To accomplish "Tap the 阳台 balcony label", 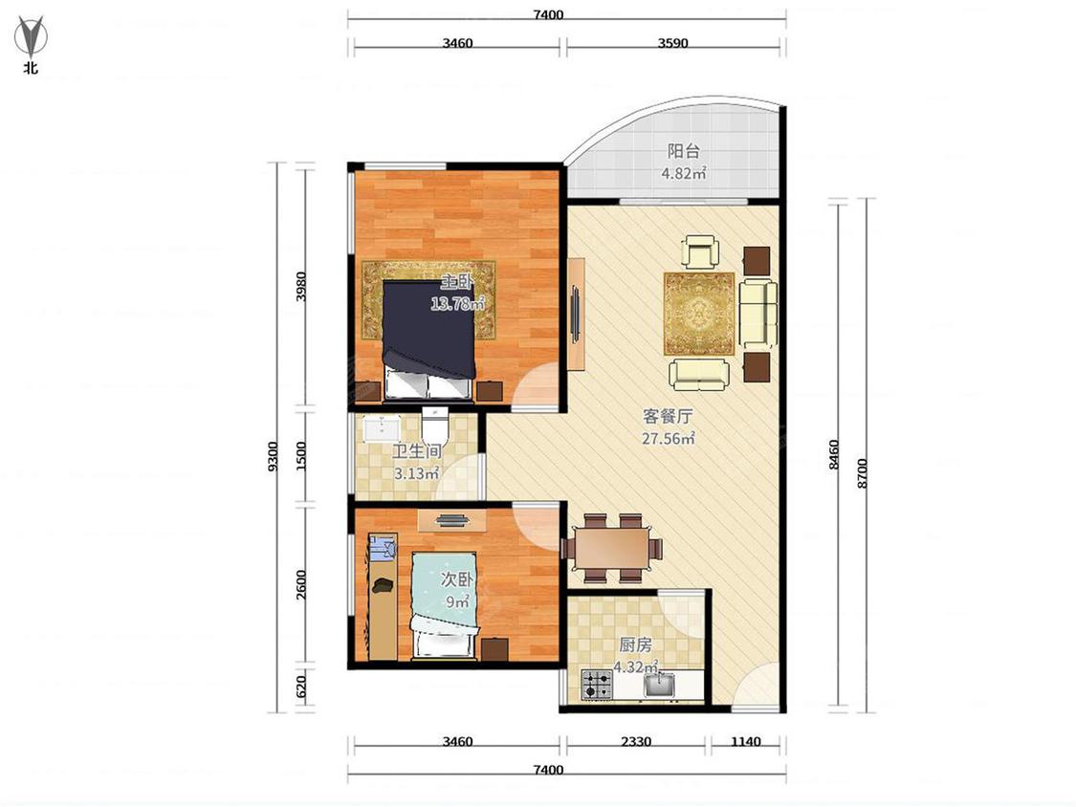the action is [x=683, y=151].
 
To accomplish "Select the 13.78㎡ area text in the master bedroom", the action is [x=458, y=303].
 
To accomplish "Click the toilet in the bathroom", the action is [x=435, y=425].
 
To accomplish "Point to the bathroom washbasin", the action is [x=382, y=429].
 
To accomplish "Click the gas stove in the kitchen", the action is [x=597, y=685].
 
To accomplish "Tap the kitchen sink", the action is [x=659, y=685].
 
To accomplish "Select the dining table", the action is [x=612, y=548].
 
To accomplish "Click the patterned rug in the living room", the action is [x=698, y=314].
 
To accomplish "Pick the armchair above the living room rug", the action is [x=701, y=251].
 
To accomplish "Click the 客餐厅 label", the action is [x=667, y=416].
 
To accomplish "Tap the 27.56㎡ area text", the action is [x=669, y=439].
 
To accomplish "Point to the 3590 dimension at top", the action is [x=672, y=42].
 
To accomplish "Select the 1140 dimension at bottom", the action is [x=746, y=741].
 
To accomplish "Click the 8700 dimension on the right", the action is [x=863, y=472].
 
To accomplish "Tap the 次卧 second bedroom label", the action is [x=457, y=579].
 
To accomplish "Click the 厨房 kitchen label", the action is [x=635, y=645].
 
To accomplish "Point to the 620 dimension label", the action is [x=300, y=687].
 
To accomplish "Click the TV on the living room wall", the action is [x=577, y=314].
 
